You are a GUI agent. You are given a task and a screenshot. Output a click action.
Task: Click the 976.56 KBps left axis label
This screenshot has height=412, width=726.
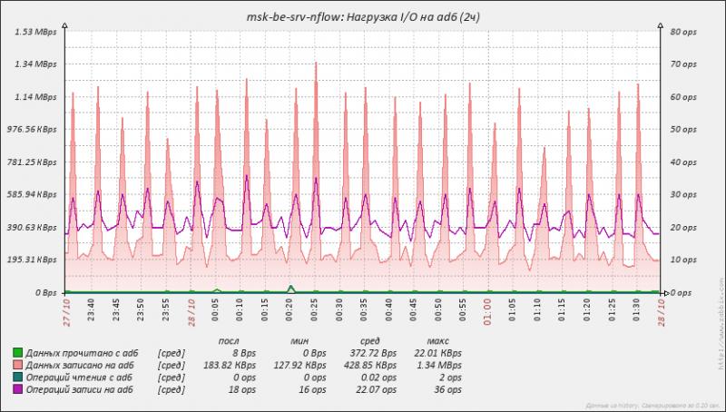pos(32,130)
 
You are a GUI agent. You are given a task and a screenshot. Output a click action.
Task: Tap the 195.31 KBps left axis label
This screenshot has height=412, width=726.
pos(32,260)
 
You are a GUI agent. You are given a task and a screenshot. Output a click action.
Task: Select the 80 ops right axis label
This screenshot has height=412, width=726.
pos(682,32)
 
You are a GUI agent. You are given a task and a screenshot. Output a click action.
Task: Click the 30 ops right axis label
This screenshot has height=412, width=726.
pos(682,195)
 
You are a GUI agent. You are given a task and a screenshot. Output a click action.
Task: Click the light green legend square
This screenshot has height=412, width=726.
pos(17,349)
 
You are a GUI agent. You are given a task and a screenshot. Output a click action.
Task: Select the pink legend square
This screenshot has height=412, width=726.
pos(17,362)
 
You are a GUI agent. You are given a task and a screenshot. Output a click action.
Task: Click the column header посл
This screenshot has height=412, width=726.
pos(231,337)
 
